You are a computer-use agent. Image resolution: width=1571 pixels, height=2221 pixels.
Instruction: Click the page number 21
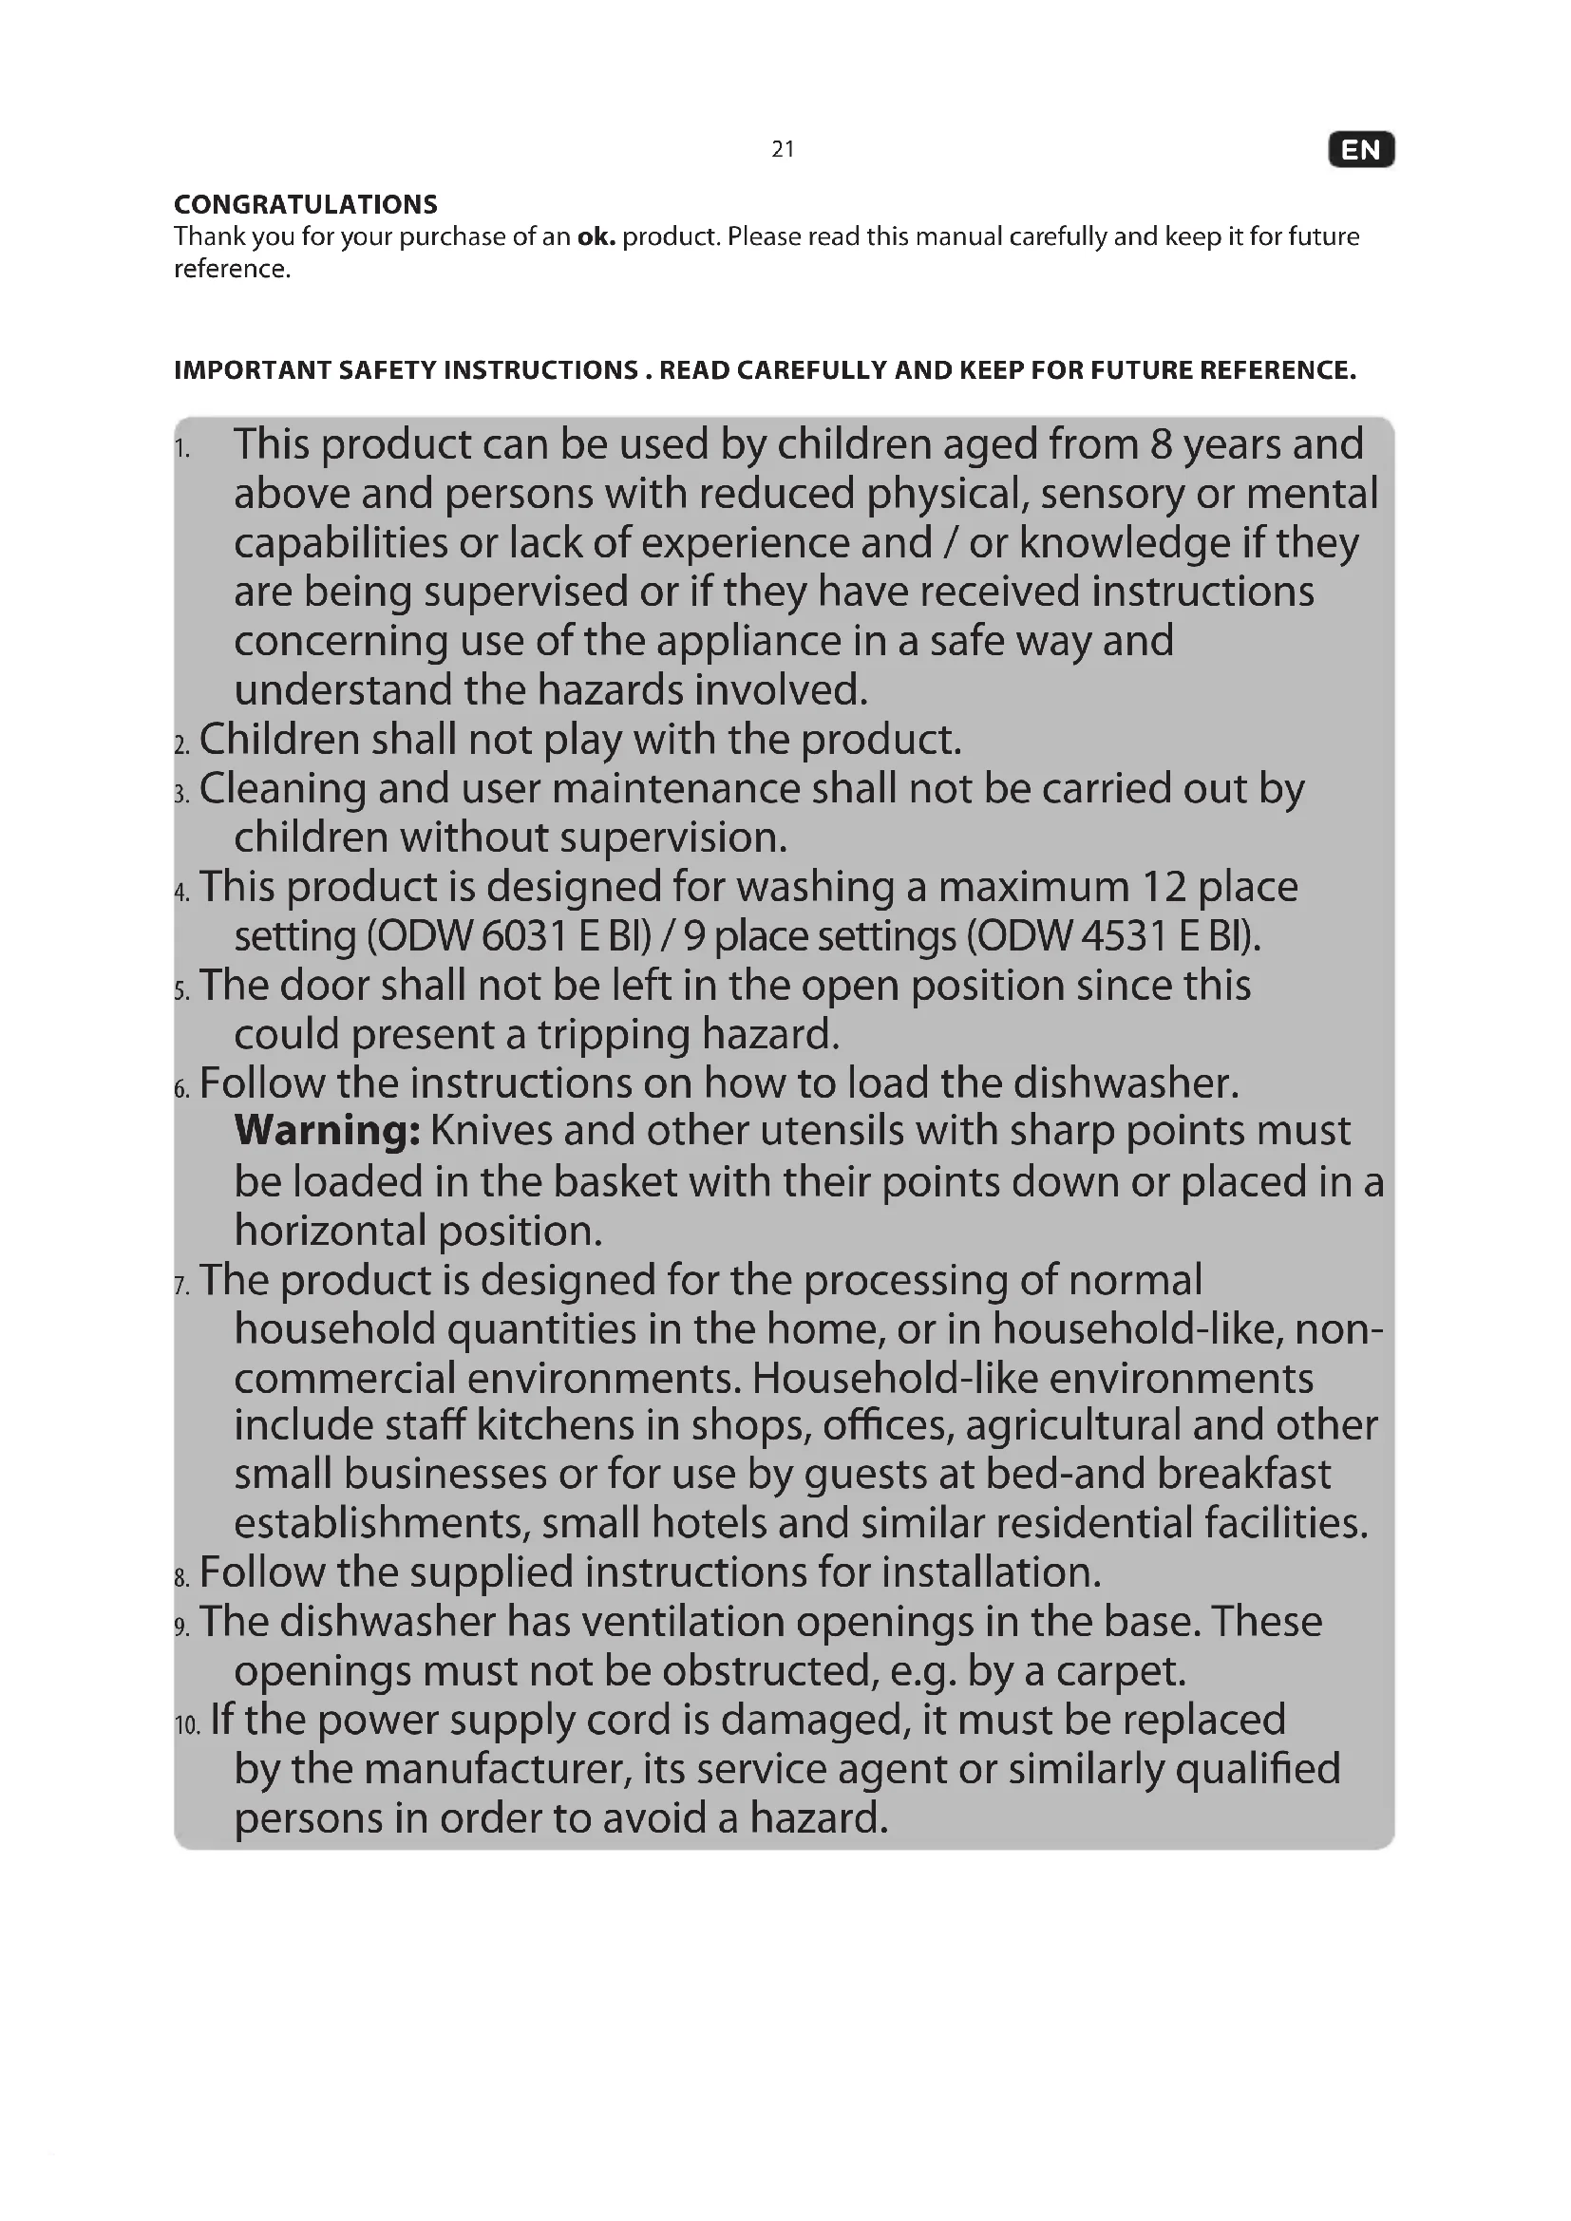[783, 149]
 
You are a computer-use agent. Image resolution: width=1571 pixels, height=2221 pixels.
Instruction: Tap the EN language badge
[1361, 150]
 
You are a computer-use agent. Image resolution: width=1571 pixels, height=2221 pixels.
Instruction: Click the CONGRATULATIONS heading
[306, 204]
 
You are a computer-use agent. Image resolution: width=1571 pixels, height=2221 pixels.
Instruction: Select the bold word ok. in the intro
[596, 237]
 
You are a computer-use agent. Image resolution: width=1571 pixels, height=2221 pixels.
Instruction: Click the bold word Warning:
[327, 1130]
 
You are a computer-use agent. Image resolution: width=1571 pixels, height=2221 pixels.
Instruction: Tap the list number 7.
[181, 1286]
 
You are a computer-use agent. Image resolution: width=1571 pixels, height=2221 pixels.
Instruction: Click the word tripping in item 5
[614, 1034]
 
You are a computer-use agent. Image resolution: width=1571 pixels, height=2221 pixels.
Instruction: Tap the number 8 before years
[1161, 444]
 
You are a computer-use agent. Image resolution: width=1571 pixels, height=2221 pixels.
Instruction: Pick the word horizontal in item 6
[331, 1231]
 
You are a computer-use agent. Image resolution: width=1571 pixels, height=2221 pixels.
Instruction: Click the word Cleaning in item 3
[282, 788]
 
